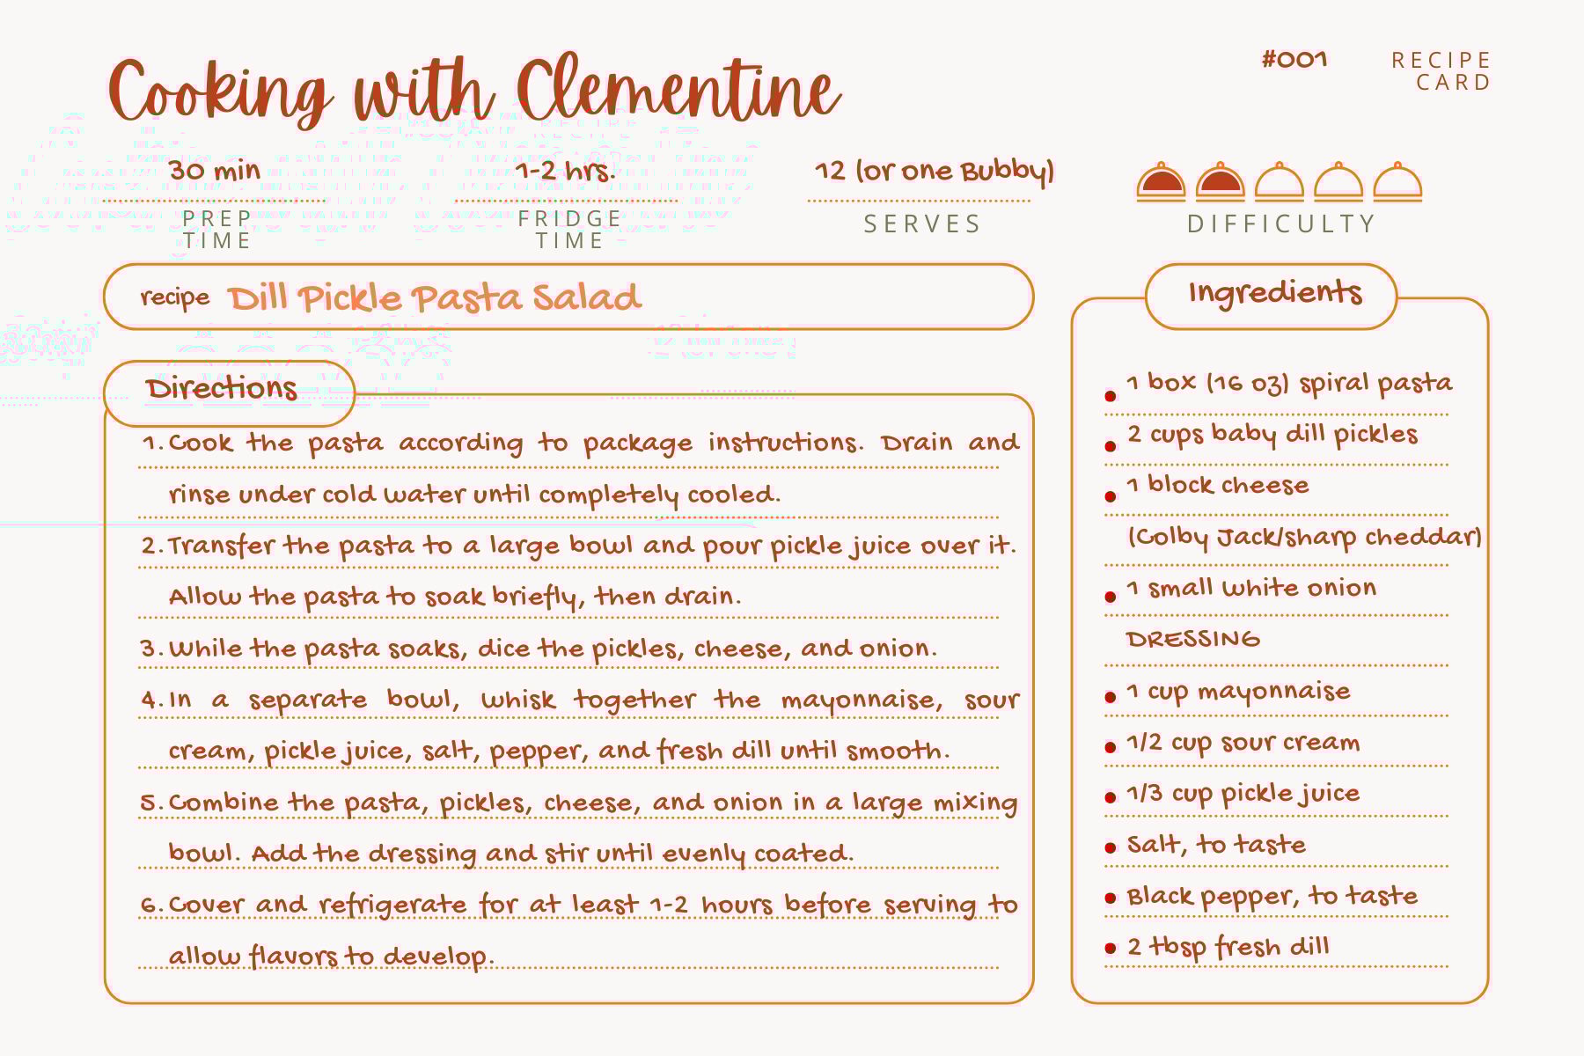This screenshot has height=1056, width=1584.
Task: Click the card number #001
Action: point(1294,60)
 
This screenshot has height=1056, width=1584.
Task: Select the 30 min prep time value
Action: point(215,170)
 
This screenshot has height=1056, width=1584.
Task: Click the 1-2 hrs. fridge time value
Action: point(565,170)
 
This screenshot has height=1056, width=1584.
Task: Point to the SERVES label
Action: point(922,224)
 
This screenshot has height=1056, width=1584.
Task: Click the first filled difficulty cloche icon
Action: point(1161,182)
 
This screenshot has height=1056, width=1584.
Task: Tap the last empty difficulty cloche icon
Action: point(1397,182)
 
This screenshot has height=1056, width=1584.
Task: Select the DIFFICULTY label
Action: point(1281,224)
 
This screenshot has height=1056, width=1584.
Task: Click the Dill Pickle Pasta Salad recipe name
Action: point(435,297)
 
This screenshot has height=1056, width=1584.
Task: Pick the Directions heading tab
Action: point(222,389)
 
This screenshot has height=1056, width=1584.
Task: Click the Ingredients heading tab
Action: point(1274,293)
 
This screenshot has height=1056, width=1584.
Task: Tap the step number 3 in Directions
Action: point(150,649)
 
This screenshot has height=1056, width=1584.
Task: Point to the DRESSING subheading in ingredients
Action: point(1192,640)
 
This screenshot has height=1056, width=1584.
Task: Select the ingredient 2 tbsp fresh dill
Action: point(1228,947)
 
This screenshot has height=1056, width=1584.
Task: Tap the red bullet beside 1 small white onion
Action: point(1111,597)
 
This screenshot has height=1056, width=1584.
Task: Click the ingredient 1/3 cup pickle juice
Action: point(1243,794)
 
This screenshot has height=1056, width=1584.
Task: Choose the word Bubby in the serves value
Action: point(1005,171)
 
